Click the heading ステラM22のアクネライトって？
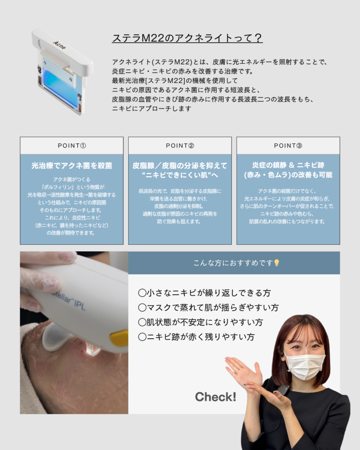[187, 38]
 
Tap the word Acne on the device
[59, 45]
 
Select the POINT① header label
[72, 146]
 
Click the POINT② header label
[180, 146]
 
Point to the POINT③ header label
[288, 146]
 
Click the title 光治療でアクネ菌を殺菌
[72, 166]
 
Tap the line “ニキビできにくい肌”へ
[180, 175]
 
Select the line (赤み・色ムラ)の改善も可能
[288, 175]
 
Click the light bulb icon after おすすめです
[276, 263]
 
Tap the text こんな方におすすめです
[233, 263]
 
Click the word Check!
[215, 397]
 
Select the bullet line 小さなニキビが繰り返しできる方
[204, 293]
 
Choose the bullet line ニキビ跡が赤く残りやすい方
[196, 337]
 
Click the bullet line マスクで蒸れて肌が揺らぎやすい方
[208, 308]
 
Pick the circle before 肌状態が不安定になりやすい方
[142, 322]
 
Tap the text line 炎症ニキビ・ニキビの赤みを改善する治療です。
[182, 71]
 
